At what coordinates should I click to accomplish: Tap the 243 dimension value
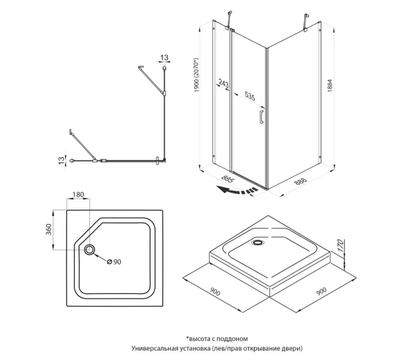223,83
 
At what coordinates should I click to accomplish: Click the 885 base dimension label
227,178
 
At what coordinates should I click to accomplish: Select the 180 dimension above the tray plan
78,195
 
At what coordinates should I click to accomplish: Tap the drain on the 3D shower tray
259,243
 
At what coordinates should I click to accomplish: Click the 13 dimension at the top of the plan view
163,58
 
